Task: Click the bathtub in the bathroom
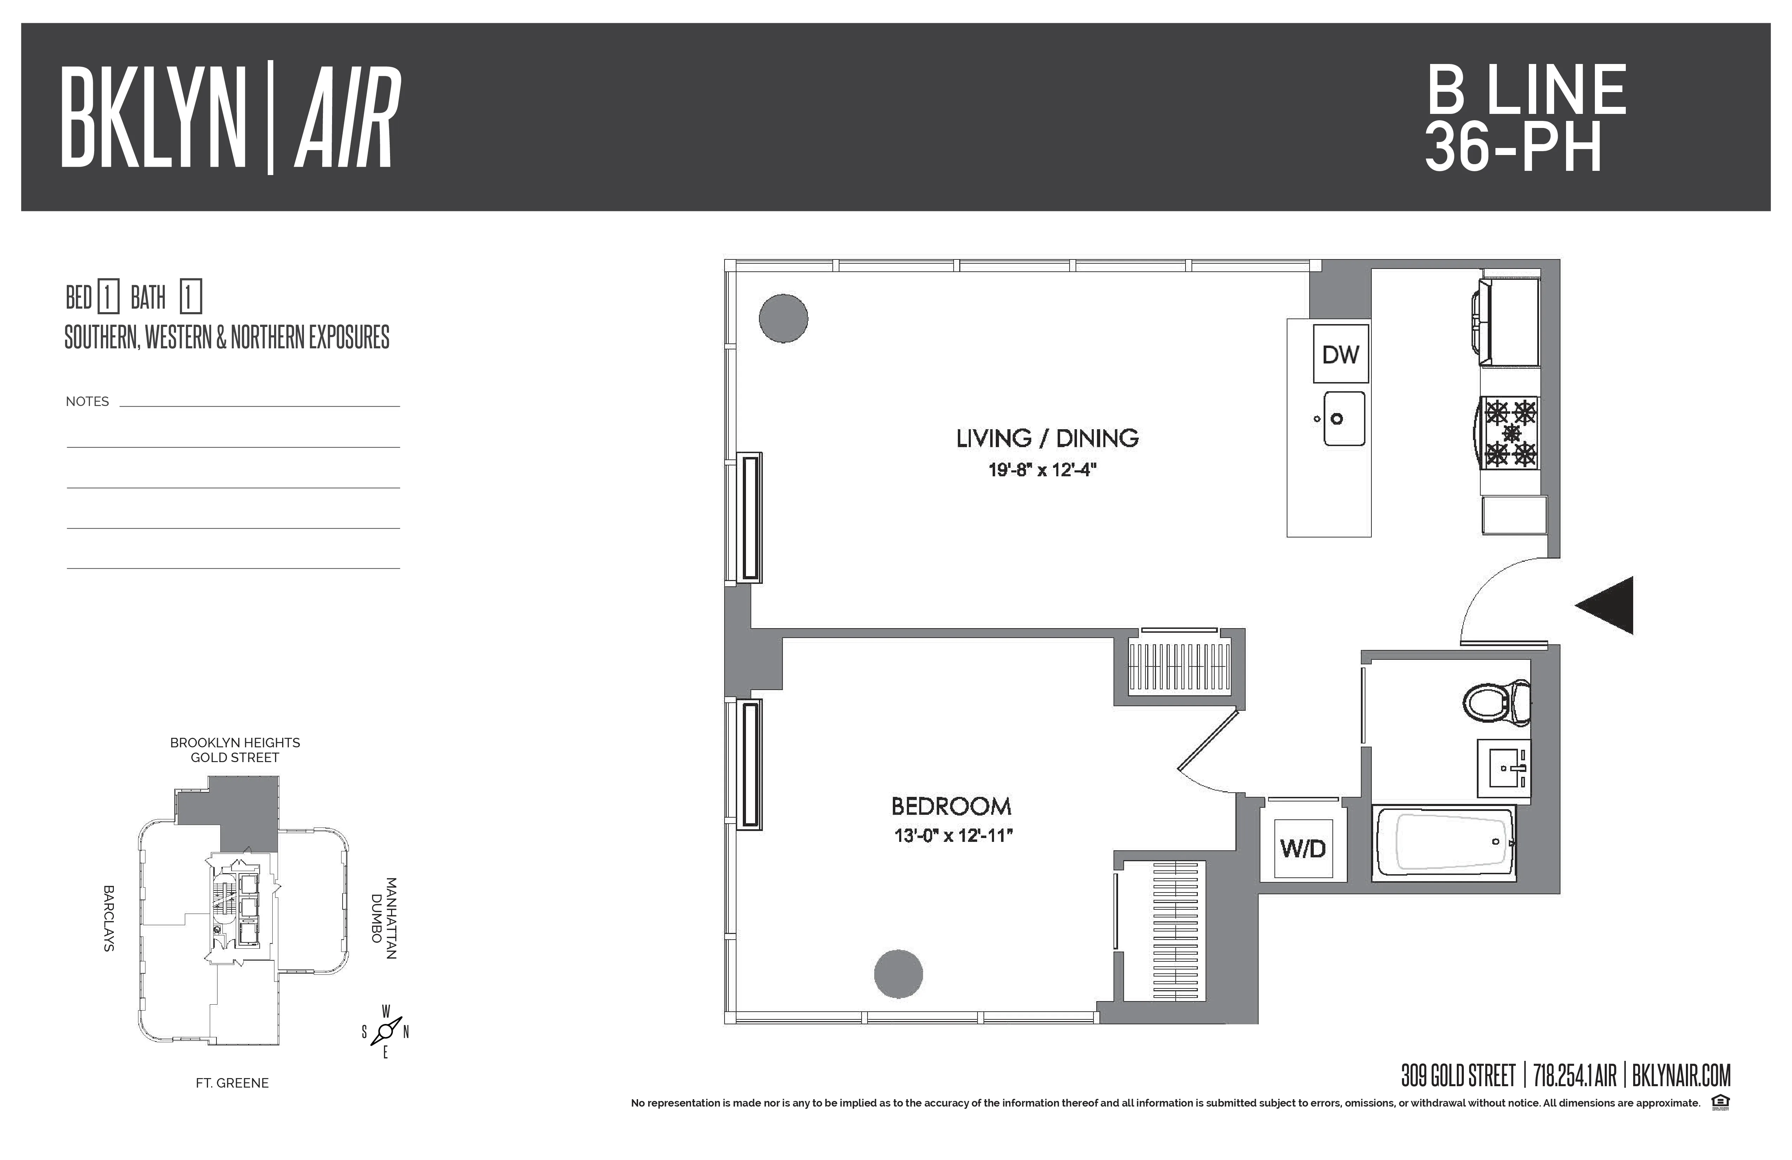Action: [x=1444, y=843]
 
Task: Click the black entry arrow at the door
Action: [x=1606, y=606]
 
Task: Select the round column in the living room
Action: [x=783, y=318]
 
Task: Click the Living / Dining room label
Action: [x=1047, y=438]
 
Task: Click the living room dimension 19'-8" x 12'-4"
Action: [x=1042, y=470]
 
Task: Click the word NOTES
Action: [x=87, y=401]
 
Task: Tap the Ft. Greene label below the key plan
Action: [x=232, y=1082]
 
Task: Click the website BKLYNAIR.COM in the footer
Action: [x=1681, y=1076]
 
